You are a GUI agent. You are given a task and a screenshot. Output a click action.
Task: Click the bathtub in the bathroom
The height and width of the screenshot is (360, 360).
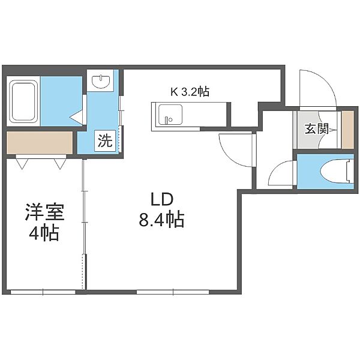(23, 101)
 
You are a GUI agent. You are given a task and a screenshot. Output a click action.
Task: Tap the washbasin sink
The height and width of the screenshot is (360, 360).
(100, 81)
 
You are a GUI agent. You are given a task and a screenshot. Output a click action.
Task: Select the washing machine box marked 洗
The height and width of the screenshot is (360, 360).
(106, 140)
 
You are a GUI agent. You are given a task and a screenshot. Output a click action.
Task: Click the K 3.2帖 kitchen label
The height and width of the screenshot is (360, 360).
(190, 92)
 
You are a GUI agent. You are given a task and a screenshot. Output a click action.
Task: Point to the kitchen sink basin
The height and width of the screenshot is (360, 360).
(170, 115)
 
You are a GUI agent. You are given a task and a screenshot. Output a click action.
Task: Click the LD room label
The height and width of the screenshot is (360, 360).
(161, 199)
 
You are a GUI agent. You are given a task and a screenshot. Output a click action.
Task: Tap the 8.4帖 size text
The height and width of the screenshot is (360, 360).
(161, 220)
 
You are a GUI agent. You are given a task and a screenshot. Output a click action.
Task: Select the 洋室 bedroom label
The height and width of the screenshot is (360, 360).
(44, 212)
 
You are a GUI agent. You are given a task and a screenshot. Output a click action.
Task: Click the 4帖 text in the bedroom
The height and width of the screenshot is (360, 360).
(44, 232)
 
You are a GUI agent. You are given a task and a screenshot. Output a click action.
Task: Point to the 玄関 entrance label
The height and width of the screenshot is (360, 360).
(317, 129)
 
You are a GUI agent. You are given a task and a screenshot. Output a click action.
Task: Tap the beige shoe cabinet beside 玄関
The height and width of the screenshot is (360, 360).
(347, 130)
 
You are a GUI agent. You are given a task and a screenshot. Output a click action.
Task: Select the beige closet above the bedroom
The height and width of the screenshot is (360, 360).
(40, 143)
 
